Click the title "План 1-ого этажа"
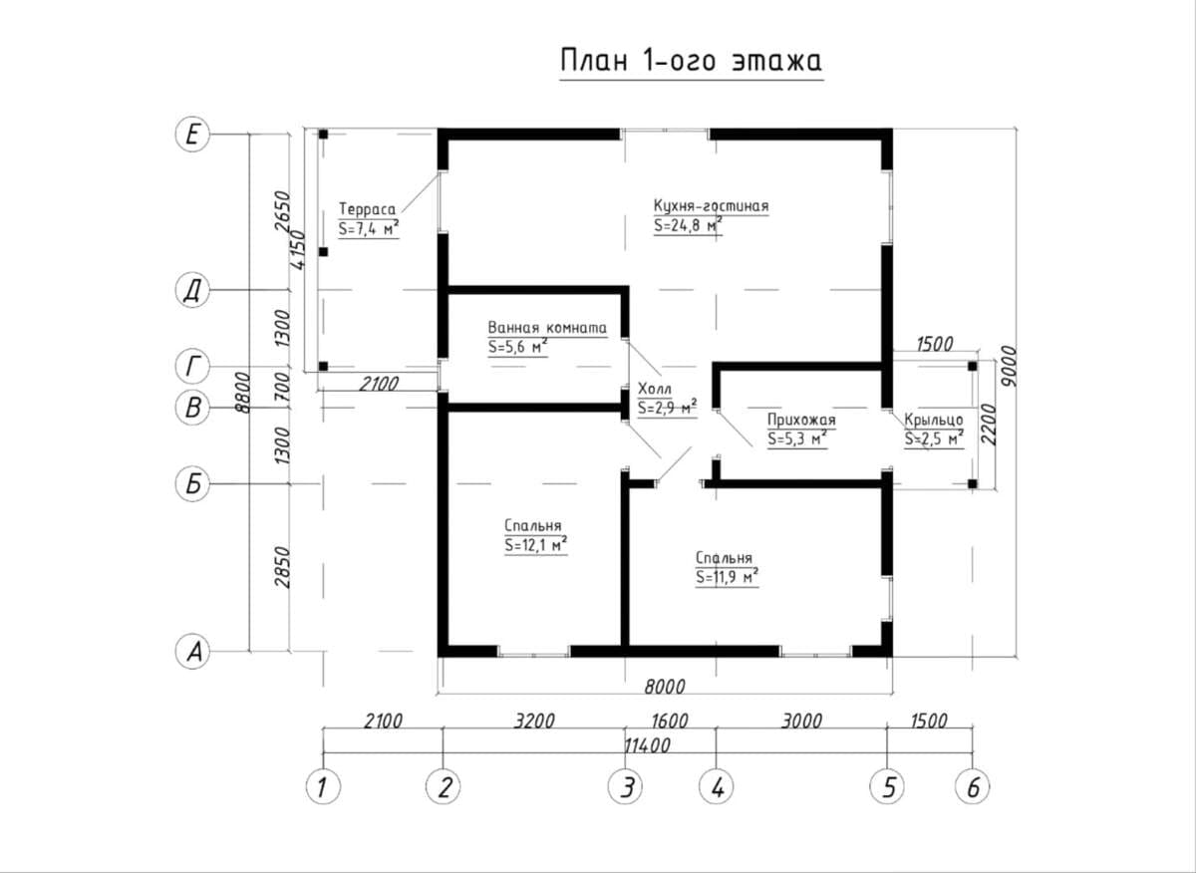pos(691,61)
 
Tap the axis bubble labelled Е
pos(192,135)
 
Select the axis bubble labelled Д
pos(192,290)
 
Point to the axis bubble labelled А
pos(192,652)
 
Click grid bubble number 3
pos(625,787)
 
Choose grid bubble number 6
pos(973,787)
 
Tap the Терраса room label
pos(368,208)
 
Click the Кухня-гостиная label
pos(712,205)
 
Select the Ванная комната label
pos(547,327)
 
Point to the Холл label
pos(655,389)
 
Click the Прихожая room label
pos(801,420)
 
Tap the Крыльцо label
pos(934,420)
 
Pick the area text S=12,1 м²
pos(535,546)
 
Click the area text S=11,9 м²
pos(727,577)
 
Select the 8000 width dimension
pos(664,687)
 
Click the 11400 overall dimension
pos(647,745)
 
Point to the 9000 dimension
pos(1008,367)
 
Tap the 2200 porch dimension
pos(989,425)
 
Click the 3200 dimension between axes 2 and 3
pos(534,721)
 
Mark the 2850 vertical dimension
pos(282,567)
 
